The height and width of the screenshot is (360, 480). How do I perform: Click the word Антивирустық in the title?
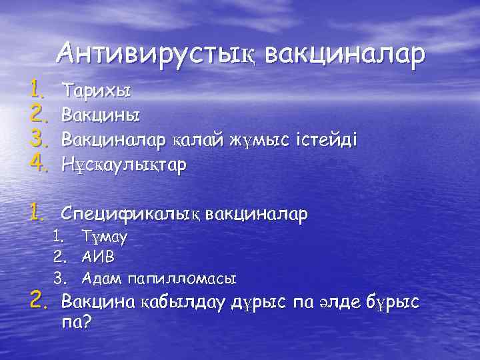pyautogui.click(x=156, y=53)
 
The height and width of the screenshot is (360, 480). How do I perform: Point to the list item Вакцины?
pyautogui.click(x=101, y=115)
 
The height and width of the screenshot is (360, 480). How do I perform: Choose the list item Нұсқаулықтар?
pyautogui.click(x=124, y=163)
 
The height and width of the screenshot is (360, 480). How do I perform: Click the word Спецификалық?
pyautogui.click(x=131, y=215)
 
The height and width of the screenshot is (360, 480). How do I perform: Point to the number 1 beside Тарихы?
pyautogui.click(x=36, y=87)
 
